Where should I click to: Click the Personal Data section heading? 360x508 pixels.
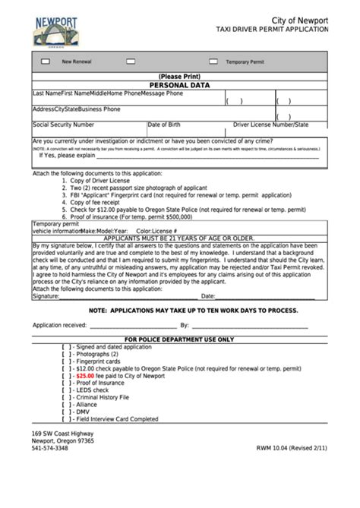coord(179,86)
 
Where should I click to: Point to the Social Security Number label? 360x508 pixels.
coord(64,125)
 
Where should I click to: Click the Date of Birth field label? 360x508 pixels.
coord(164,125)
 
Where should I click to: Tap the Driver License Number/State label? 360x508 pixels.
coord(271,125)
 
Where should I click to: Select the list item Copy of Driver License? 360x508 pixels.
coord(102,181)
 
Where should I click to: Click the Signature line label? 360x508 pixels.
coord(46,296)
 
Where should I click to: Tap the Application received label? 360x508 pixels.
coord(60,325)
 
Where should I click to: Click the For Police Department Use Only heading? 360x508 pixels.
coord(179,339)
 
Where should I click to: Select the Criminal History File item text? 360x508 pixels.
coord(103,397)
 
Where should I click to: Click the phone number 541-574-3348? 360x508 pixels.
coord(49,448)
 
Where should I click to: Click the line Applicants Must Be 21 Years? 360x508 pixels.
coord(179,238)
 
